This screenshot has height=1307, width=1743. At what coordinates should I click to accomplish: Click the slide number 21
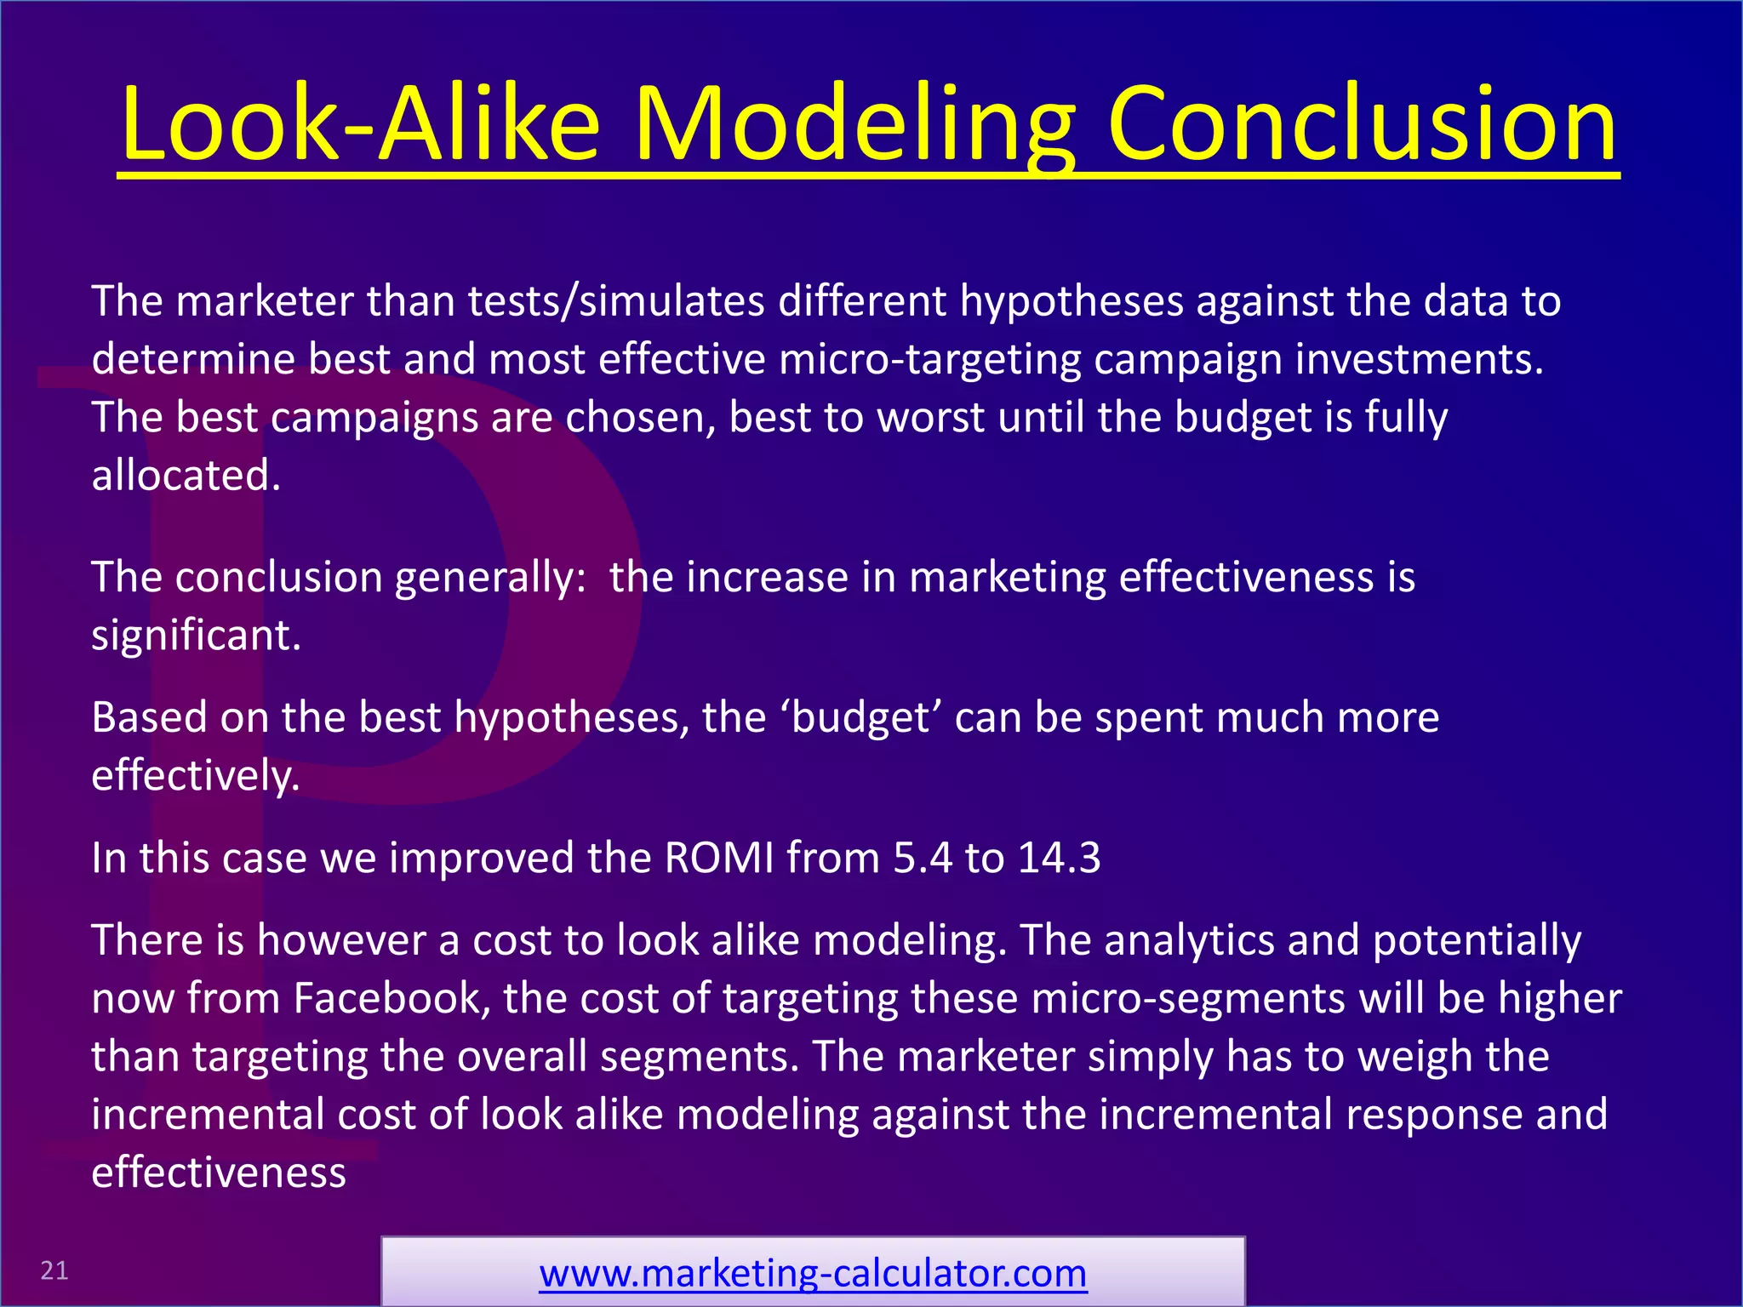[54, 1270]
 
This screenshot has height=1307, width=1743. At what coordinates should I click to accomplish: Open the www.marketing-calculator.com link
[813, 1274]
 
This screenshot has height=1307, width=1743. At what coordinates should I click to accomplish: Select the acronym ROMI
[718, 858]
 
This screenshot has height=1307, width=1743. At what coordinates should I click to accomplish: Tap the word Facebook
[391, 998]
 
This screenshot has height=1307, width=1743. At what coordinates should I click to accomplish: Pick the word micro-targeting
[929, 360]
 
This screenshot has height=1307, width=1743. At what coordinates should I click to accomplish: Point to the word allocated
[186, 476]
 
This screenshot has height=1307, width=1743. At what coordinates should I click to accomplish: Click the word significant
[196, 636]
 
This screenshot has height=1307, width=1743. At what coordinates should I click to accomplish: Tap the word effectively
[195, 776]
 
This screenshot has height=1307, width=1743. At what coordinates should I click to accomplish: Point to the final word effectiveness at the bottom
[219, 1173]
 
